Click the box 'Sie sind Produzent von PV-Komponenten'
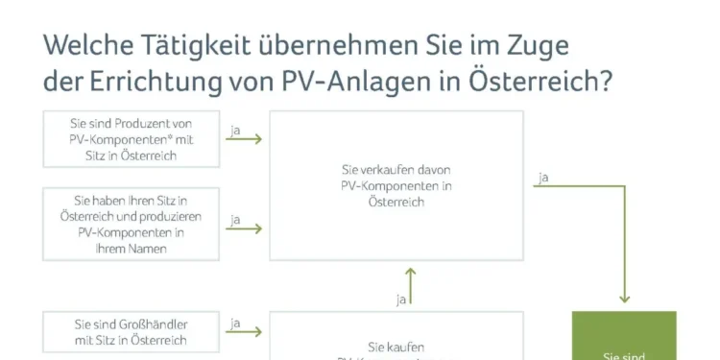131,139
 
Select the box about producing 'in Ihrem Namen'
131,223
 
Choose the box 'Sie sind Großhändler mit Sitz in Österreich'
131,332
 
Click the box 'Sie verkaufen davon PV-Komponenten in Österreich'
396,185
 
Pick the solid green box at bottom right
624,336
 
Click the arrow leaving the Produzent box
245,139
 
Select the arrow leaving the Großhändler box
245,333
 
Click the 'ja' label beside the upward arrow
401,300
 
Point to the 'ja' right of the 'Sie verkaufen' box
544,177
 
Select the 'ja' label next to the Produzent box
235,128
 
